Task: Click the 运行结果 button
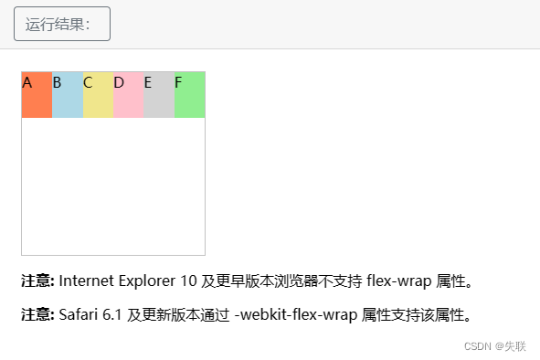point(62,24)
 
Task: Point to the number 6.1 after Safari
point(114,316)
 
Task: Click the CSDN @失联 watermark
point(494,346)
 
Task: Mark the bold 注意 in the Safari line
point(37,316)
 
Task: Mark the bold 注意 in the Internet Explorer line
point(37,281)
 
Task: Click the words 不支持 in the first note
point(342,281)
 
